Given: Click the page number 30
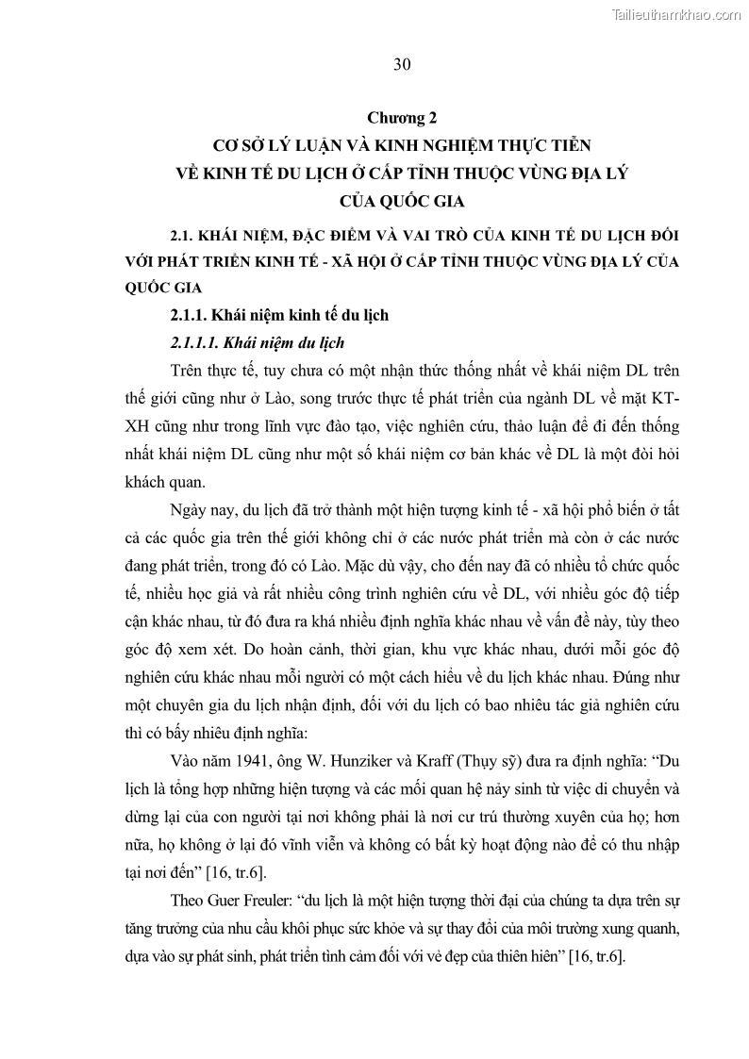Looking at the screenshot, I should pyautogui.click(x=401, y=64).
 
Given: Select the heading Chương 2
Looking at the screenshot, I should pyautogui.click(x=402, y=119).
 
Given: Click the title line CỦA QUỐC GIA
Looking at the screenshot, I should pyautogui.click(x=402, y=200).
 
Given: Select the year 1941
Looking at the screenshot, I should pyautogui.click(x=265, y=735).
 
